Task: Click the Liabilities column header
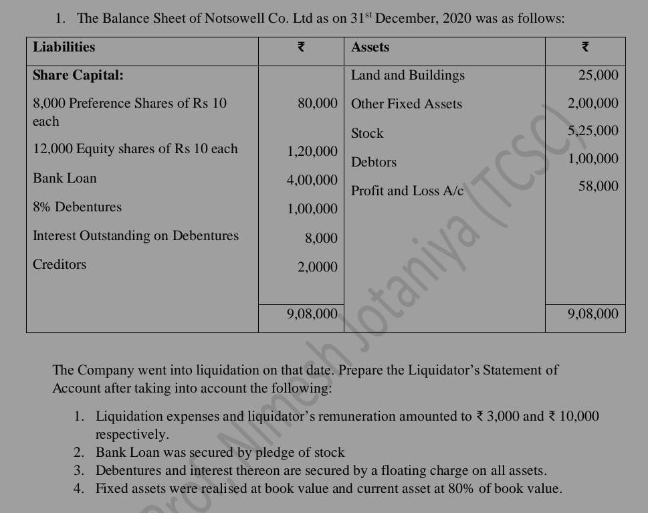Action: (64, 47)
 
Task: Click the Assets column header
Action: (370, 47)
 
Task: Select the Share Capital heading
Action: (78, 75)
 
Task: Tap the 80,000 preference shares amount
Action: (318, 103)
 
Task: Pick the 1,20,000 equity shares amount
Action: (312, 151)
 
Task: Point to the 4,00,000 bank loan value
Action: (312, 180)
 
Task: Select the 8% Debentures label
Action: (78, 207)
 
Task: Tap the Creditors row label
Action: (60, 264)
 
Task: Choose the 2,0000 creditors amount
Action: (318, 267)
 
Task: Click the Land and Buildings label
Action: (408, 75)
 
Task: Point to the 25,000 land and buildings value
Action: (599, 75)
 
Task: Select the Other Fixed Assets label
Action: (407, 104)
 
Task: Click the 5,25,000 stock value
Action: (593, 130)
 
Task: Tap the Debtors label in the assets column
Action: (374, 162)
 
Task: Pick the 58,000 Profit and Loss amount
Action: (599, 186)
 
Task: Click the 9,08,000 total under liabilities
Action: (312, 313)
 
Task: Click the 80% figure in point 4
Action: (459, 488)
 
